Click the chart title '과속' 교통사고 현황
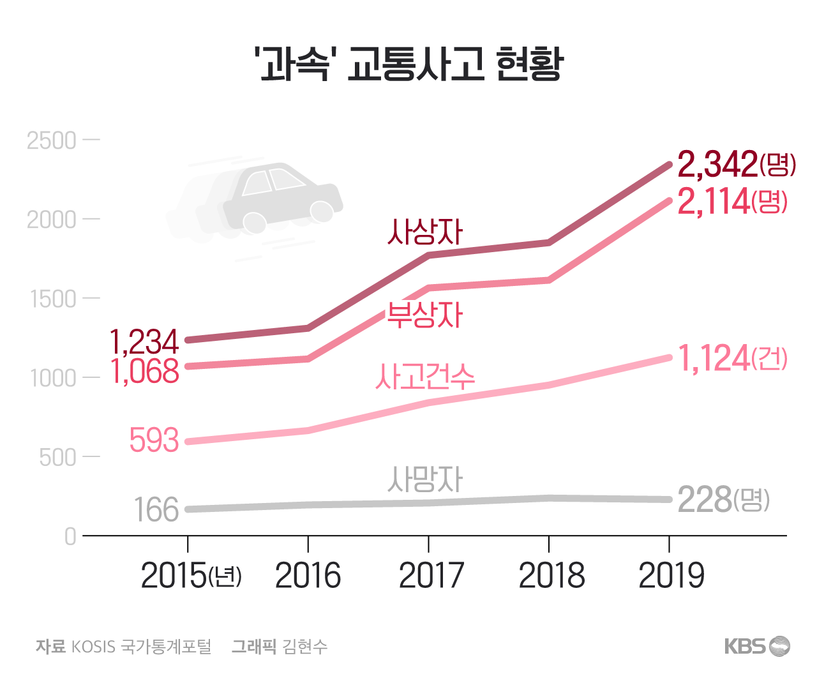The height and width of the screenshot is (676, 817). coord(408,64)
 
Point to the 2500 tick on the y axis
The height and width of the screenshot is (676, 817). coord(52,140)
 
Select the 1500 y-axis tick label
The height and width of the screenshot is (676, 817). coord(52,299)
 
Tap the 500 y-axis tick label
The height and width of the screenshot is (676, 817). coord(57,457)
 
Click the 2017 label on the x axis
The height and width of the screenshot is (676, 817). coord(431,576)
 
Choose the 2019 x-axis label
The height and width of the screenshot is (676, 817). coord(671,576)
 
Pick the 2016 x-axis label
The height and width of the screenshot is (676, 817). coord(308,576)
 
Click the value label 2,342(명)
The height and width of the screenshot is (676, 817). coord(736,165)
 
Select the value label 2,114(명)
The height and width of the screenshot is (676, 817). coord(731,202)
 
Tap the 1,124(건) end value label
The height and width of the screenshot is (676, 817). coord(731,359)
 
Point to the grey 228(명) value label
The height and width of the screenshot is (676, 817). coord(723,500)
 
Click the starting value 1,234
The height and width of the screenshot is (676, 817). coord(144,342)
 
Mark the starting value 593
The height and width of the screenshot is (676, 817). coord(154,440)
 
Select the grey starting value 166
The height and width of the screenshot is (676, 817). coord(156,510)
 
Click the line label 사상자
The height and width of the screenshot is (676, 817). coord(424,232)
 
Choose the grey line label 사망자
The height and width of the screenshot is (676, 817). coord(424,479)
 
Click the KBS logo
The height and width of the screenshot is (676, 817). coord(757,646)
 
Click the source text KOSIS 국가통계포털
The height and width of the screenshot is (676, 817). coord(140,647)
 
